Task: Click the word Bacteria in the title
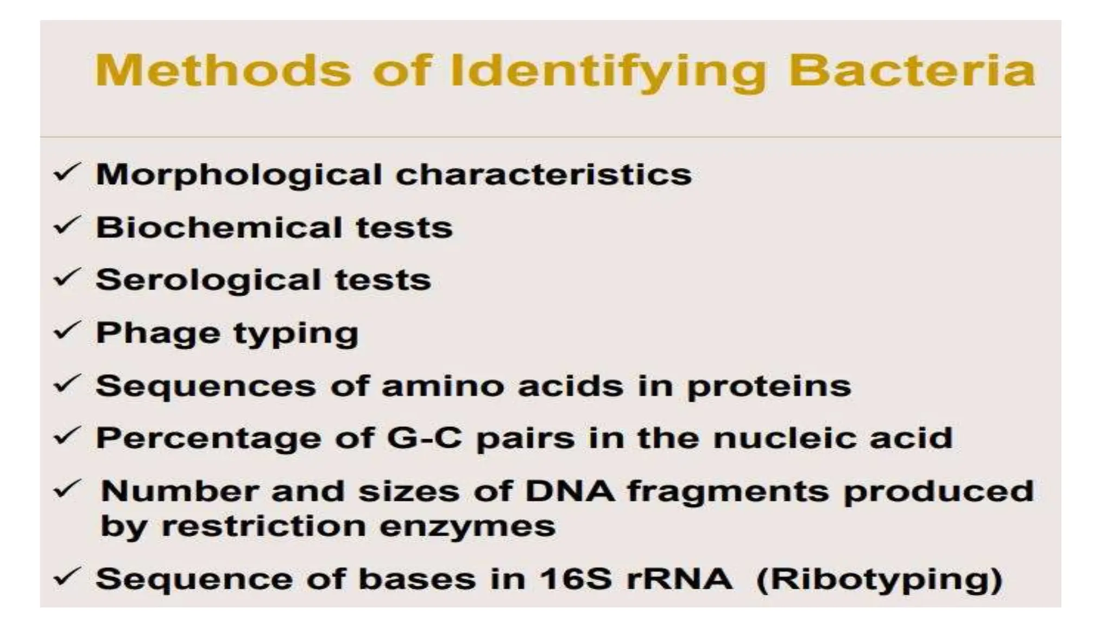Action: (x=912, y=71)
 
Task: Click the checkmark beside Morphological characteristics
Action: (x=67, y=174)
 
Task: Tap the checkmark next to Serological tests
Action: (x=67, y=278)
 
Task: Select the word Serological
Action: (x=208, y=280)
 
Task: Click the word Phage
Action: (x=158, y=333)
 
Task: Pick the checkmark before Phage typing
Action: (x=67, y=331)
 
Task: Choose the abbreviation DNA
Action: (x=570, y=491)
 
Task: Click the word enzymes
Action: (x=467, y=526)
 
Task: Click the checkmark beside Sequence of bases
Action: (x=67, y=577)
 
